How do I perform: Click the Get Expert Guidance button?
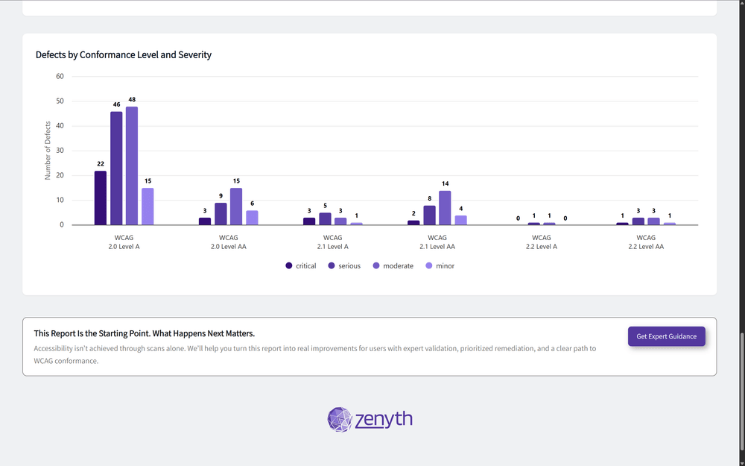click(x=666, y=336)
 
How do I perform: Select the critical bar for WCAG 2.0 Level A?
click(x=101, y=198)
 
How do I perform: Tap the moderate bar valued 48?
click(x=132, y=166)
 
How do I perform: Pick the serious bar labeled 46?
click(x=116, y=169)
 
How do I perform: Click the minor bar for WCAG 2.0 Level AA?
click(x=252, y=218)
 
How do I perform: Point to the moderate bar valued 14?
click(x=445, y=208)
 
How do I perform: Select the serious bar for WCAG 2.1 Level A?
click(x=325, y=218)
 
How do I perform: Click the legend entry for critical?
click(x=301, y=266)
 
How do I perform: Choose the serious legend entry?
click(x=344, y=266)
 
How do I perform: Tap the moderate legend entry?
click(x=393, y=266)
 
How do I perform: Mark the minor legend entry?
click(x=440, y=266)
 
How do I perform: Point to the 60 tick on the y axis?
click(x=60, y=76)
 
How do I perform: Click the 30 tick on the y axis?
click(x=60, y=151)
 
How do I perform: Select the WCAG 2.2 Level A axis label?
click(x=541, y=242)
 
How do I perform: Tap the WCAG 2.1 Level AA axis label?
click(x=437, y=242)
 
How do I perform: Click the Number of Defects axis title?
click(x=48, y=151)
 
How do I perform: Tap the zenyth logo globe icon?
click(x=340, y=419)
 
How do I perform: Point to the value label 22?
click(x=101, y=164)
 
